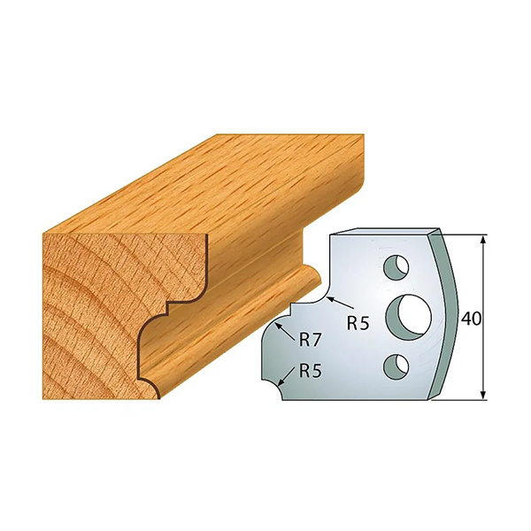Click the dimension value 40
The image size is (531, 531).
coord(471,319)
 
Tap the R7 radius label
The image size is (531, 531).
coord(310,340)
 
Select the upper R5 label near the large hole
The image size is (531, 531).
coord(358,324)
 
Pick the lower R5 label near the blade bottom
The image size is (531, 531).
coord(311,371)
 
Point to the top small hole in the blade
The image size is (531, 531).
coord(396,268)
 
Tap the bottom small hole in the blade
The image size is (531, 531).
coord(396,366)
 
